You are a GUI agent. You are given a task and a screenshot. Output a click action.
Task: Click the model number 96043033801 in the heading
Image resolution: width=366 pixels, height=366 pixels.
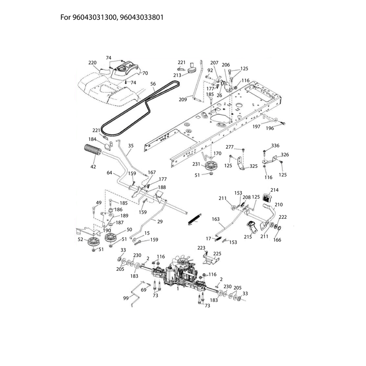click(142, 17)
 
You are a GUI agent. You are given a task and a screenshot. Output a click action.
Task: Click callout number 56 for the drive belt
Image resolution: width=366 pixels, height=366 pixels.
click(153, 84)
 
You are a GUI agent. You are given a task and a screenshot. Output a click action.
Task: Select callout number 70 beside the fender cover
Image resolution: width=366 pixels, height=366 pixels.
click(145, 73)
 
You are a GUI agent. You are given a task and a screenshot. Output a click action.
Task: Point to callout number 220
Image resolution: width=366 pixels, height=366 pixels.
click(92, 63)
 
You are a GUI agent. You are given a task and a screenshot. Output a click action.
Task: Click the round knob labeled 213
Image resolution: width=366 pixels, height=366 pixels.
click(193, 70)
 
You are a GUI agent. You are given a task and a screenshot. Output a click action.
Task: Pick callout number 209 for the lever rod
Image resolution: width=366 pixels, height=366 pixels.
click(183, 99)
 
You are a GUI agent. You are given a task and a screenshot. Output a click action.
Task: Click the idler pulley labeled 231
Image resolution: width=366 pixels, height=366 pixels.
click(211, 166)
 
